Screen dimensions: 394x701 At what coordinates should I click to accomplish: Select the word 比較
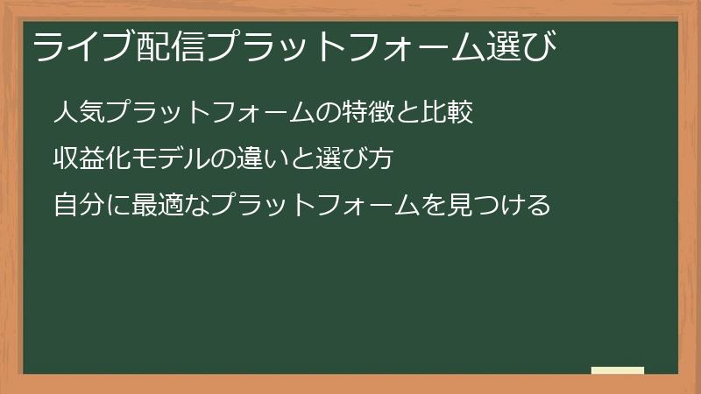tap(450, 113)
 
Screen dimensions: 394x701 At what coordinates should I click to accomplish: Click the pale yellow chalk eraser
tap(618, 371)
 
